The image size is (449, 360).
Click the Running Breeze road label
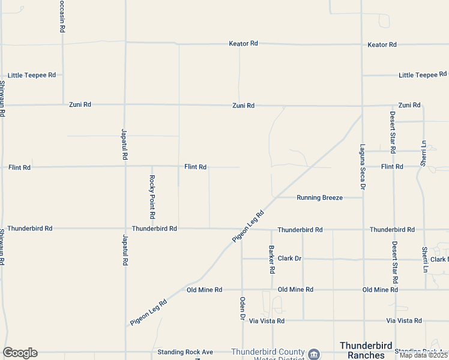pyautogui.click(x=319, y=197)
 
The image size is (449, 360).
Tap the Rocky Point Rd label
pyautogui.click(x=152, y=196)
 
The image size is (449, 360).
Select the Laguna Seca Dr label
pyautogui.click(x=363, y=166)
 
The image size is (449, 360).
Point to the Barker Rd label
pyautogui.click(x=272, y=259)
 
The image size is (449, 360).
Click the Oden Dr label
pyautogui.click(x=243, y=308)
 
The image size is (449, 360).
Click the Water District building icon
pyautogui.click(x=313, y=354)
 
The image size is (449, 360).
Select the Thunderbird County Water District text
pyautogui.click(x=268, y=355)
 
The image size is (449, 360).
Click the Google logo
pyautogui.click(x=20, y=353)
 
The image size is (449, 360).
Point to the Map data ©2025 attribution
pyautogui.click(x=424, y=355)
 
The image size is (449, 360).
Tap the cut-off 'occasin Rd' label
pyautogui.click(x=62, y=16)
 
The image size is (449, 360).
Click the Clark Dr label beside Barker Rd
pyautogui.click(x=289, y=259)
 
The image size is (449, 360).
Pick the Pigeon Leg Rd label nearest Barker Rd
pyautogui.click(x=249, y=227)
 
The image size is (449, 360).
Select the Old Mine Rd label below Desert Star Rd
pyautogui.click(x=380, y=290)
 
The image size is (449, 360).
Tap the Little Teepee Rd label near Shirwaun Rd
pyautogui.click(x=32, y=75)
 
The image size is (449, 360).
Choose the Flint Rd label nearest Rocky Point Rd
pyautogui.click(x=196, y=167)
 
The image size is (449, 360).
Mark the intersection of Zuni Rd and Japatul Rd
pyautogui.click(x=124, y=104)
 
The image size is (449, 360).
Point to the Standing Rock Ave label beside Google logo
pyautogui.click(x=185, y=352)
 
